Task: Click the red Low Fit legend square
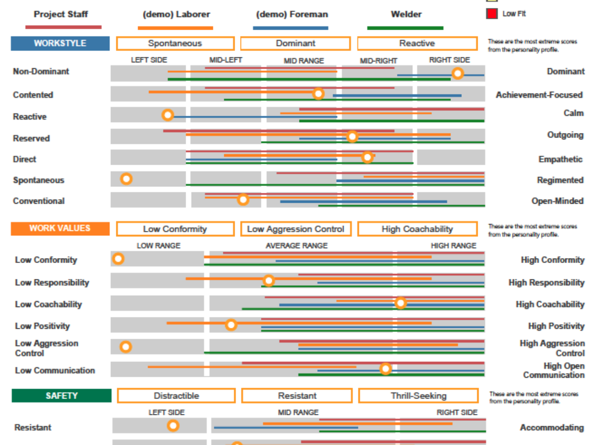click(492, 14)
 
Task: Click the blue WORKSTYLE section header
click(60, 43)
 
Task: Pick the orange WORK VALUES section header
click(60, 228)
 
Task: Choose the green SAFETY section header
click(62, 396)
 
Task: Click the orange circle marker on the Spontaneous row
click(126, 178)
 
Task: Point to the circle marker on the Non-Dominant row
click(458, 74)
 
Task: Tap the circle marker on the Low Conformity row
click(118, 259)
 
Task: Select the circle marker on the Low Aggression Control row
click(126, 347)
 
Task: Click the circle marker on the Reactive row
click(168, 115)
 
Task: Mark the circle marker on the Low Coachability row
click(400, 303)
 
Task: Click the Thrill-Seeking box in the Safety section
click(418, 396)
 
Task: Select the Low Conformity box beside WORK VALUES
click(175, 229)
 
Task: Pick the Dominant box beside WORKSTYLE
click(296, 43)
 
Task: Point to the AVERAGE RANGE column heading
click(297, 245)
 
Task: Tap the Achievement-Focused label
click(539, 95)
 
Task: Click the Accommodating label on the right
click(551, 428)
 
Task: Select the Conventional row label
click(39, 201)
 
